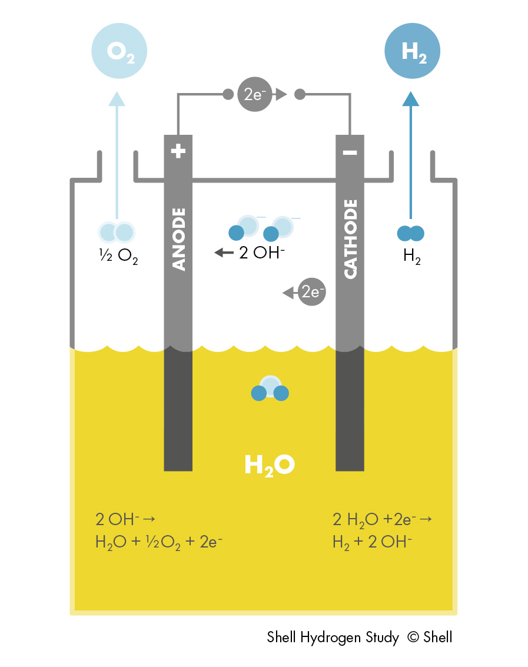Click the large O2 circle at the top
119,51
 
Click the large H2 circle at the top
413,51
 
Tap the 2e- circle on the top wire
254,94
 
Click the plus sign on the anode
178,152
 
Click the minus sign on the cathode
350,152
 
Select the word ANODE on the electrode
178,238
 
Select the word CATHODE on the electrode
350,238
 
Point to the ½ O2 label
118,258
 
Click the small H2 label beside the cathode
412,258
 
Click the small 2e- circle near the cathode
311,292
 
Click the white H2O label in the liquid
269,466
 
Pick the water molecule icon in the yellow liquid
270,389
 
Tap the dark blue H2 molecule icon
410,233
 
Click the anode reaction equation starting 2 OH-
159,530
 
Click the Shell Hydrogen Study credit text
360,637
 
